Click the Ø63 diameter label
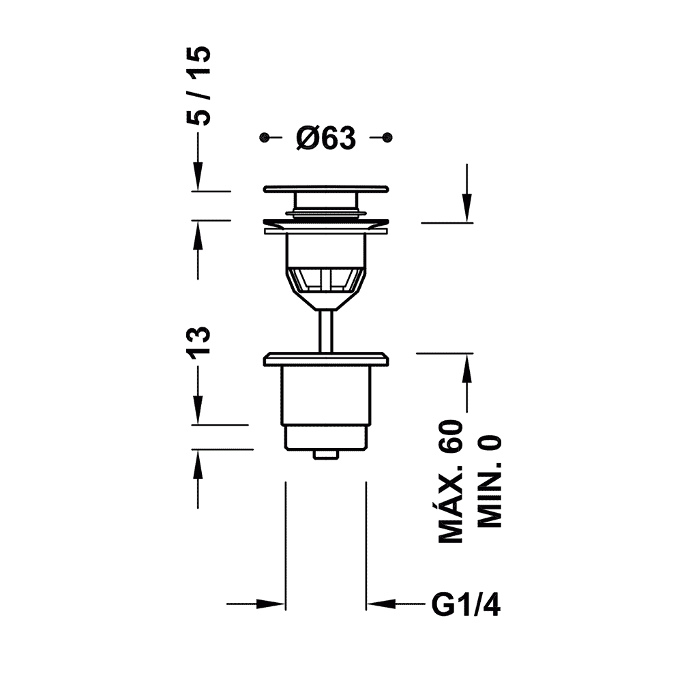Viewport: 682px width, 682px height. click(326, 139)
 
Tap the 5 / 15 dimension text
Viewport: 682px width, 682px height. click(199, 86)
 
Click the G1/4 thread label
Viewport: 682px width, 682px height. click(466, 604)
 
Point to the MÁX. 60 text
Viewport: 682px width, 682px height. click(450, 481)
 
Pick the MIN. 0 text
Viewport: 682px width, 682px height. click(490, 481)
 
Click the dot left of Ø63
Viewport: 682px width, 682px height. click(263, 138)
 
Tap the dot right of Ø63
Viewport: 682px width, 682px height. click(387, 138)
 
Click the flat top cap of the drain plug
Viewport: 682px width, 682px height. click(326, 189)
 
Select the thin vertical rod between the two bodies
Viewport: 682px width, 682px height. click(326, 331)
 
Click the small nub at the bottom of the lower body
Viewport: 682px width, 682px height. click(326, 454)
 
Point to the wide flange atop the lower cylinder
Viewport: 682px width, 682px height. click(326, 359)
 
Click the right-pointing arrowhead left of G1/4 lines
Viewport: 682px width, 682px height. click(271, 604)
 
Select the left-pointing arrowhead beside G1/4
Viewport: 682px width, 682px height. click(381, 604)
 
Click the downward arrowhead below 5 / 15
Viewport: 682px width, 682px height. click(198, 176)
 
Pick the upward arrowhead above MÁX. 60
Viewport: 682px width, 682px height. click(466, 368)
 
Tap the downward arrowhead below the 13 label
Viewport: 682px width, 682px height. click(198, 409)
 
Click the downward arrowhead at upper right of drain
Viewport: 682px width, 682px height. click(466, 208)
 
